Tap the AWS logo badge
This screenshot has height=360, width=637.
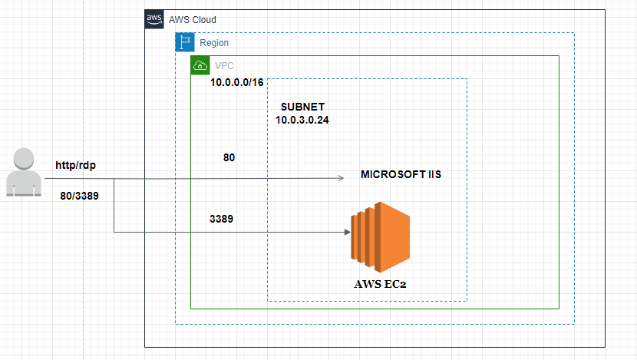pos(154,19)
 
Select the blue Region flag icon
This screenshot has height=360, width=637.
pos(184,42)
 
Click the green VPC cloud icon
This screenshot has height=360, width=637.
pos(200,65)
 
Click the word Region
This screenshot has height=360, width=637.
pos(214,43)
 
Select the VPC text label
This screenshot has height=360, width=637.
pos(225,65)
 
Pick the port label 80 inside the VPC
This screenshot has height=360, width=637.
pos(229,157)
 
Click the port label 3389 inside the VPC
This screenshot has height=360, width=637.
pos(222,219)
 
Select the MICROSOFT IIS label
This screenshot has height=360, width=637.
pos(401,175)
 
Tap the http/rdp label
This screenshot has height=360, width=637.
pos(75,166)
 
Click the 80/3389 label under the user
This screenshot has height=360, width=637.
pos(78,196)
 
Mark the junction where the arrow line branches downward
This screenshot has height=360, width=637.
pos(114,179)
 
